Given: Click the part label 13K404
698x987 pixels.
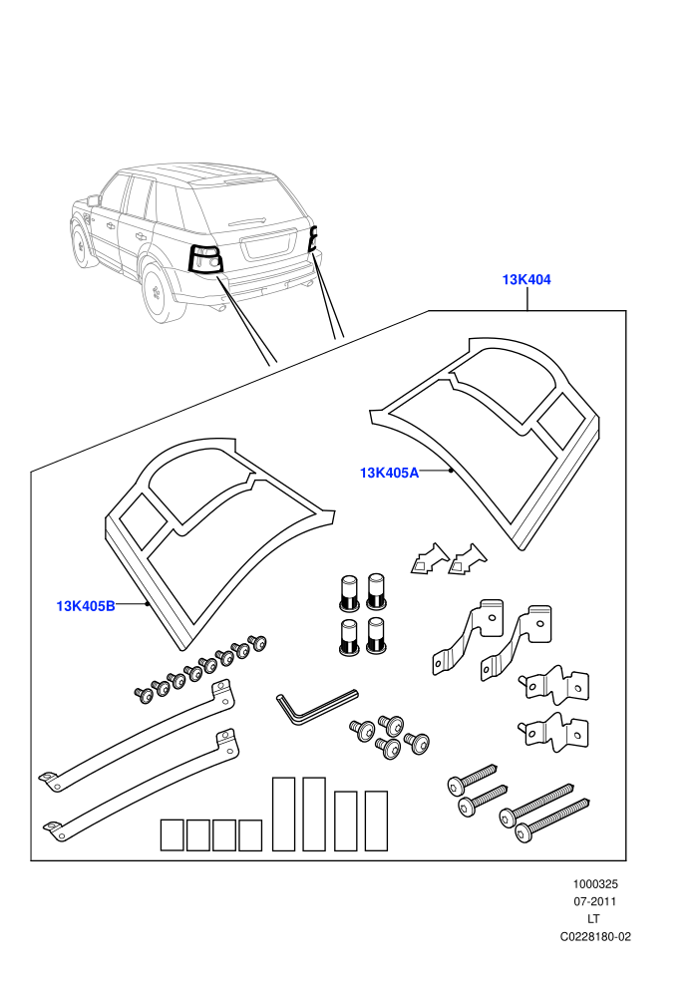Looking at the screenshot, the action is (526, 279).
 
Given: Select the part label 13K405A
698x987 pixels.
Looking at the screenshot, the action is (389, 473).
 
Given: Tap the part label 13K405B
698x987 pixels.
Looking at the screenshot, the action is (86, 606).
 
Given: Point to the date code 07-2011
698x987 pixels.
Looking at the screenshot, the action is (594, 901).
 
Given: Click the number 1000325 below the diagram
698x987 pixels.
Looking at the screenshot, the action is (594, 884).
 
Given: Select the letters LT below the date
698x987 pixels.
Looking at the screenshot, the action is (593, 919).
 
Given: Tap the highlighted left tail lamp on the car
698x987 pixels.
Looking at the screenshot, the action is (205, 258).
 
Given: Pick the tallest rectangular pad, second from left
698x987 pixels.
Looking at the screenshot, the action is (314, 814).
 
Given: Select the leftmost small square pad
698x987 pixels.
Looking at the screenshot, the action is (172, 835).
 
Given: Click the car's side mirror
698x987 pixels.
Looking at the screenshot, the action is (94, 200).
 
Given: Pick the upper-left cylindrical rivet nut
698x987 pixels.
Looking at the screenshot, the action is (349, 591).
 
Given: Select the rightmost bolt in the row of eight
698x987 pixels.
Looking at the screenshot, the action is (258, 643).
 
